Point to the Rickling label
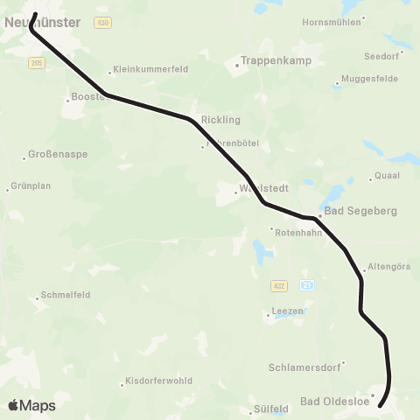(x=220, y=119)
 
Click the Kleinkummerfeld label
(x=145, y=73)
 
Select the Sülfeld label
(x=271, y=408)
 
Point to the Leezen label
(x=288, y=311)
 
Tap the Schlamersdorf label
(x=306, y=367)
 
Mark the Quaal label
(x=387, y=175)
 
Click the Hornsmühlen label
(x=330, y=22)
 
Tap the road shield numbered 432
(x=277, y=285)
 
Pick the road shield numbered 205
(x=36, y=63)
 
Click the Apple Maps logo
(x=31, y=405)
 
